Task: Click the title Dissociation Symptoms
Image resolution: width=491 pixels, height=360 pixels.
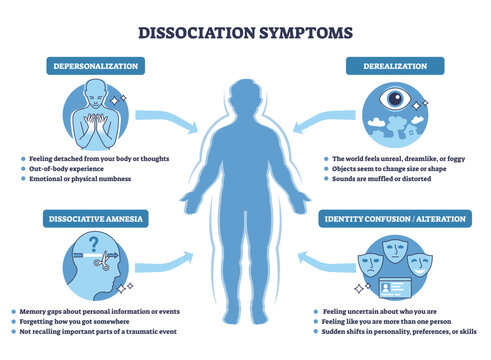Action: [245, 32]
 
